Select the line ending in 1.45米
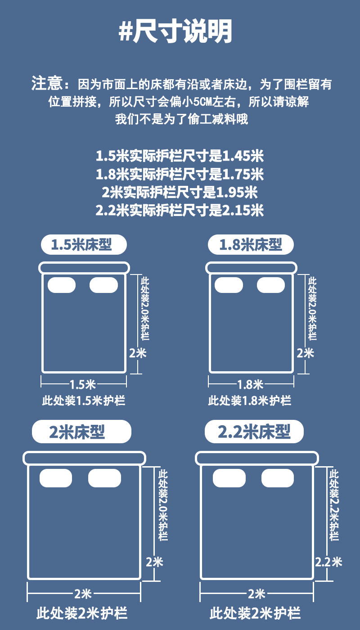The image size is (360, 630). [x=180, y=156]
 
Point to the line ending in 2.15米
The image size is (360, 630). [x=180, y=210]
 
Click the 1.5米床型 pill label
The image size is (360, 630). [x=84, y=245]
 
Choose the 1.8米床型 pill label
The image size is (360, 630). [x=251, y=245]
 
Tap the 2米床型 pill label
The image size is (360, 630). [x=81, y=432]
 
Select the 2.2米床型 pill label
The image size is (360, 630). [x=254, y=432]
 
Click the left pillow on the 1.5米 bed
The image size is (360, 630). [x=61, y=285]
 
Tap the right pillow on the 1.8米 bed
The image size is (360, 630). [x=270, y=285]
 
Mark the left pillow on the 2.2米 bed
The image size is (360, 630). [x=229, y=478]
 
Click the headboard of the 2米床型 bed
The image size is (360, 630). [x=84, y=459]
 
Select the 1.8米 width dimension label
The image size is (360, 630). [x=250, y=384]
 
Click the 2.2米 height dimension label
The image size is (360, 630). [x=328, y=562]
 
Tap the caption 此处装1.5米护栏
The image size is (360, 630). [x=84, y=400]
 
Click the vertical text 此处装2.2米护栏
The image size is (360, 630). [x=334, y=505]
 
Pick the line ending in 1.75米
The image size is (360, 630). [x=180, y=174]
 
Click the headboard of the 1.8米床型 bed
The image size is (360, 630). [x=251, y=268]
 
